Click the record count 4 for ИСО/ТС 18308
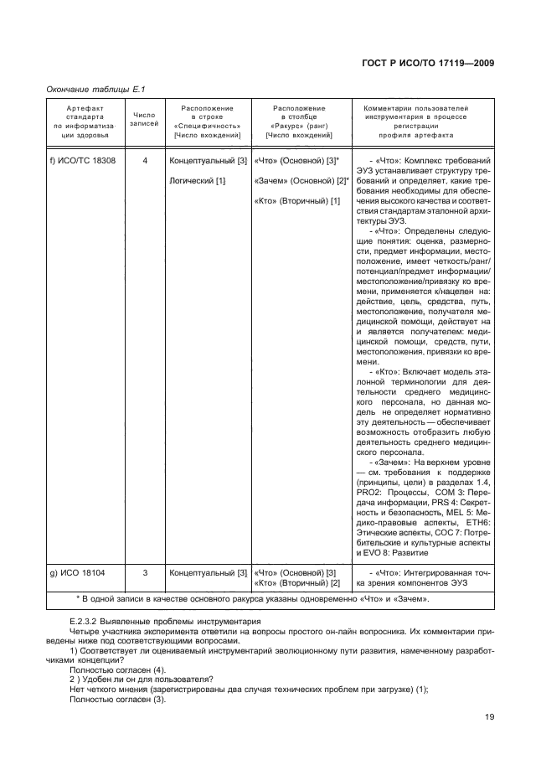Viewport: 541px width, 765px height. tap(145, 160)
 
